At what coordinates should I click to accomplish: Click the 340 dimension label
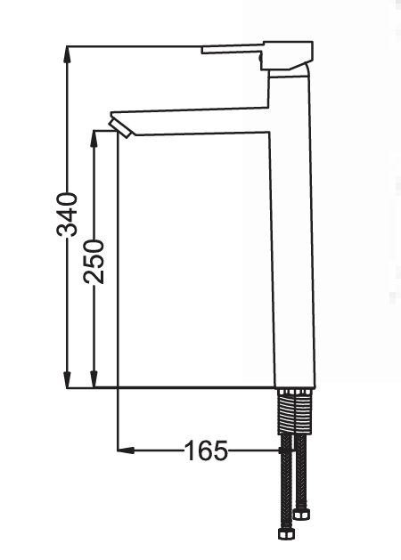67,215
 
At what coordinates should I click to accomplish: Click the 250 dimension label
94,262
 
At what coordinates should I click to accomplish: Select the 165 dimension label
206,450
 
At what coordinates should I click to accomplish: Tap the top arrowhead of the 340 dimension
67,54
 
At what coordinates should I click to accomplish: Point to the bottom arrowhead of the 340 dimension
67,379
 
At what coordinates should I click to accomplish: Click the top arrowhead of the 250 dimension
94,139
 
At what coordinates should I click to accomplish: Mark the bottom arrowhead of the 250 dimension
94,379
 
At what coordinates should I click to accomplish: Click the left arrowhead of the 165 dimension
126,450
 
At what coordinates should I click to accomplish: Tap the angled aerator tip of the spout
120,128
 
